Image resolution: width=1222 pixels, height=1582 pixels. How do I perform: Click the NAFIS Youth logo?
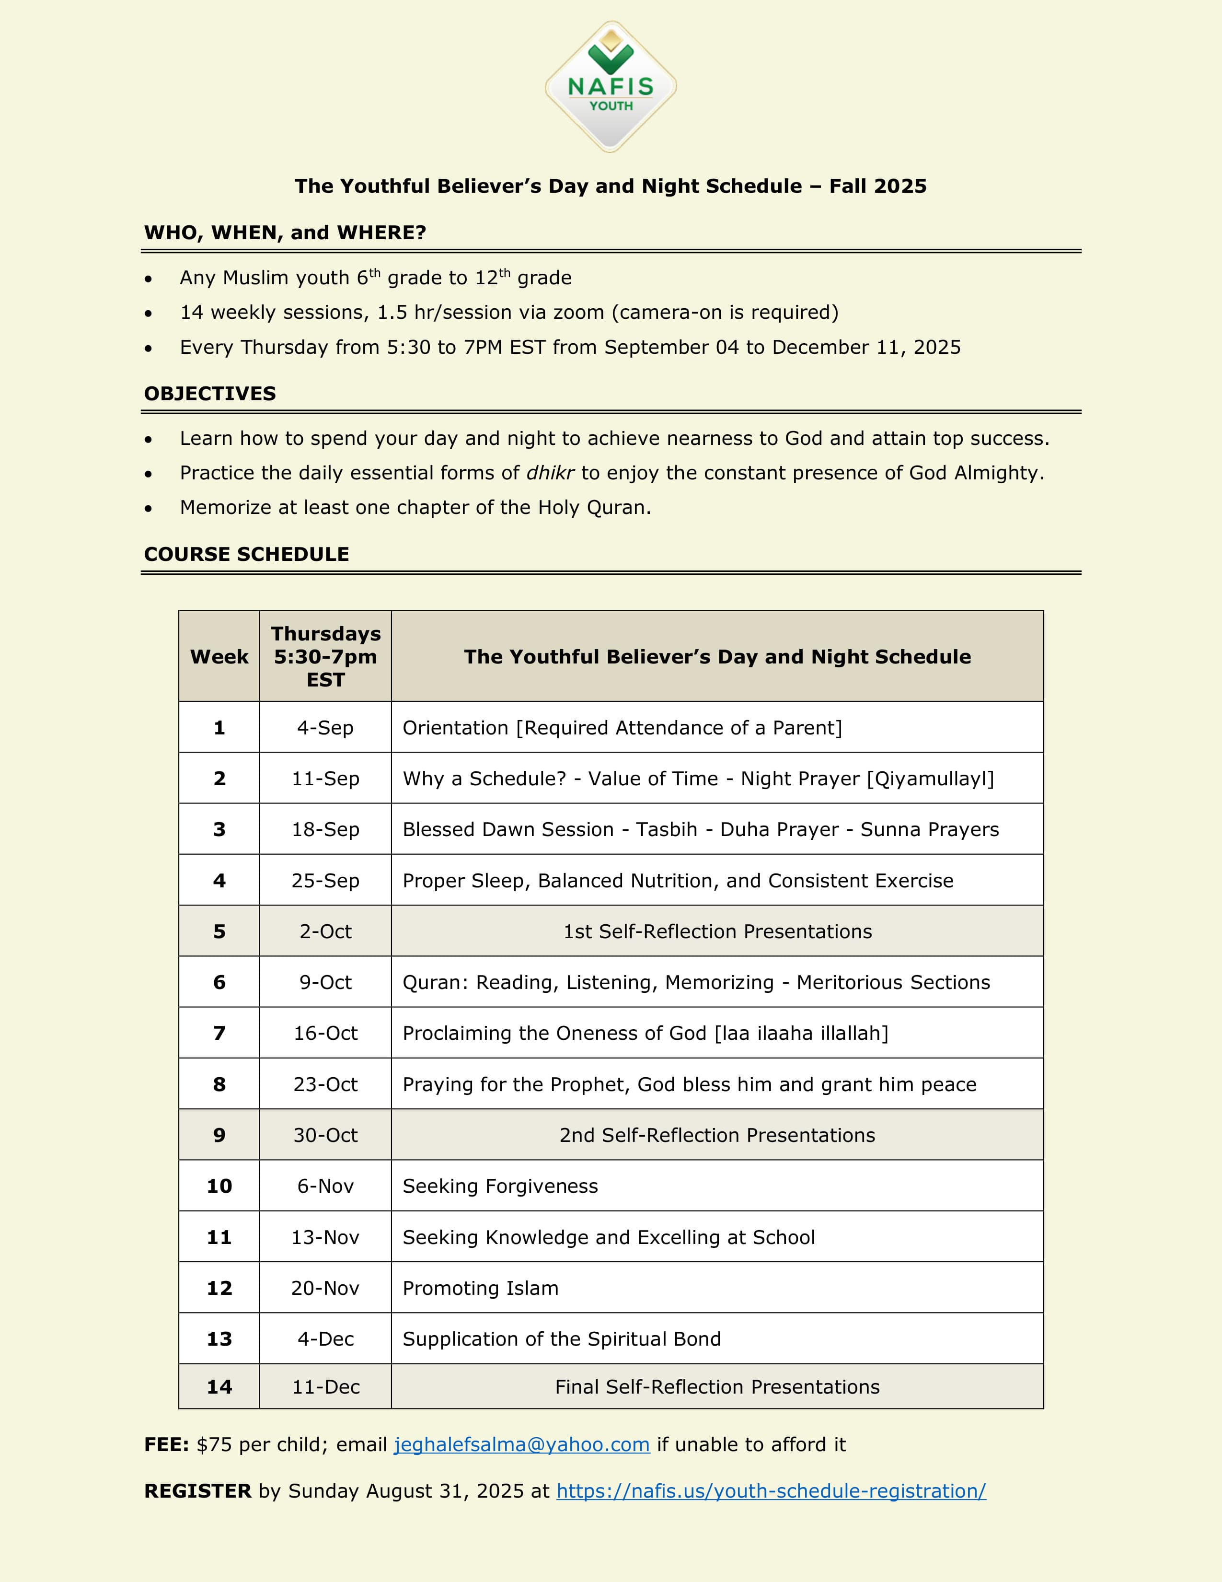(x=610, y=87)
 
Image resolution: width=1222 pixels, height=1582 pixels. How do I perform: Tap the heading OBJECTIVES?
(x=210, y=393)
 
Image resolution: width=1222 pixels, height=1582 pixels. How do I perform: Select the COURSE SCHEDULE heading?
(x=246, y=554)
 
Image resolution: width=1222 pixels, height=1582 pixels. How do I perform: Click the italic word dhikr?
(x=550, y=473)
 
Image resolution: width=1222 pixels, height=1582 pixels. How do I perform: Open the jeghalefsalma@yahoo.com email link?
(x=521, y=1444)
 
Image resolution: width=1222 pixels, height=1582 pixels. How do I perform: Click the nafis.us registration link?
(x=771, y=1491)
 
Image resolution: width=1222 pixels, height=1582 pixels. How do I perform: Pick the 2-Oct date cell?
(x=326, y=931)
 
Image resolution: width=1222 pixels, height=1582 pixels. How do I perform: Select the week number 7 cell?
(x=219, y=1033)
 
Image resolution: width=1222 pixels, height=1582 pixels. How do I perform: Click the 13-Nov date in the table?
(x=326, y=1237)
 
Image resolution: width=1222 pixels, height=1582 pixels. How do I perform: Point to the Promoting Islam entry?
(x=481, y=1288)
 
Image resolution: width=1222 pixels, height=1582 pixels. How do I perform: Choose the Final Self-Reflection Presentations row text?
(x=717, y=1386)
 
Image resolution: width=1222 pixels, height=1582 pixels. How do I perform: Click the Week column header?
(x=219, y=656)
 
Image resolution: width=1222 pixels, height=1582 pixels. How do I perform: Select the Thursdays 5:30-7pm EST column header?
(x=326, y=656)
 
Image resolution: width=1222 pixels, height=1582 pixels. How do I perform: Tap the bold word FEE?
(x=166, y=1444)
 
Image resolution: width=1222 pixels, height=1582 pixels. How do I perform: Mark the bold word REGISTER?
(x=197, y=1491)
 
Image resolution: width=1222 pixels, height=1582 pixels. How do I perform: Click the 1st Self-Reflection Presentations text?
(x=717, y=931)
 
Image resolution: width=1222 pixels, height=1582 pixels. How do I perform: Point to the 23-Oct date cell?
(x=326, y=1084)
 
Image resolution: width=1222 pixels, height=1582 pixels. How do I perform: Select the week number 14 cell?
(x=219, y=1386)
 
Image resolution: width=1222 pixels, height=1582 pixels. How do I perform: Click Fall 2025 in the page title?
(x=877, y=186)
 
